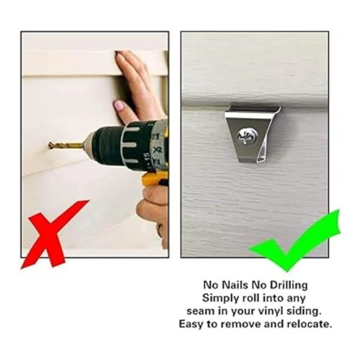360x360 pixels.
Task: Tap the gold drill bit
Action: [x=67, y=145]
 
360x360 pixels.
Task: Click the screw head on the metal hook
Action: [x=245, y=137]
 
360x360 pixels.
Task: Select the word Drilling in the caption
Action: [x=289, y=286]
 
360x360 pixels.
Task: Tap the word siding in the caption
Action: [x=304, y=312]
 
